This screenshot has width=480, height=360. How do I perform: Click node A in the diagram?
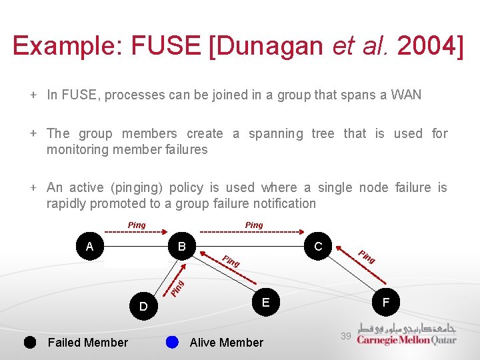click(89, 247)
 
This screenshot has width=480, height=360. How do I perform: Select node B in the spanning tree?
click(181, 247)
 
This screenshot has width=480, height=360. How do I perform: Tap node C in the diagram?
click(318, 247)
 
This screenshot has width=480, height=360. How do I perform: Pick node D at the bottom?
click(143, 307)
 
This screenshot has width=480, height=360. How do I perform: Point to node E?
click(265, 302)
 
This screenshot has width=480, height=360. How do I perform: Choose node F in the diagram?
click(385, 302)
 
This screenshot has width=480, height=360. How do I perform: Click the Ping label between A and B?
click(137, 225)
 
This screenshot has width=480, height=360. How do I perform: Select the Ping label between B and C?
click(254, 225)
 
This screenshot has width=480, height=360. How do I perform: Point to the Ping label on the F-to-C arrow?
click(367, 256)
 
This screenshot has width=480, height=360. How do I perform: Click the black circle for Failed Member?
click(30, 342)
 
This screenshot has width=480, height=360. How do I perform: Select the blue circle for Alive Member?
click(172, 342)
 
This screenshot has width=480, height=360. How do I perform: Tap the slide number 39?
click(345, 336)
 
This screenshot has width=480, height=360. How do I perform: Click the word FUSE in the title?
click(160, 45)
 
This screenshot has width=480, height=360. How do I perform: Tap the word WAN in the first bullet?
click(407, 95)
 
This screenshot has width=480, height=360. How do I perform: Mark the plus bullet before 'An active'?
click(33, 188)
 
